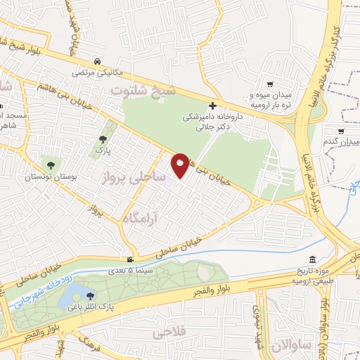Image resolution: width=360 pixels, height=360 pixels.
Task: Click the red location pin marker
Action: point(181,165)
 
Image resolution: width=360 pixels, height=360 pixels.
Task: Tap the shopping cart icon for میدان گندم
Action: point(341,131)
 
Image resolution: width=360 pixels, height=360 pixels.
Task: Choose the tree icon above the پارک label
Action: point(104,139)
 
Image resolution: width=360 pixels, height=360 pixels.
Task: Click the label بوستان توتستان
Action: point(49,176)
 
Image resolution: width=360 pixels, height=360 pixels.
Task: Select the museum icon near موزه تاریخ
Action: point(312,259)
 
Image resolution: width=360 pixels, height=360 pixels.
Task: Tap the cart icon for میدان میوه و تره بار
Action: point(271,84)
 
